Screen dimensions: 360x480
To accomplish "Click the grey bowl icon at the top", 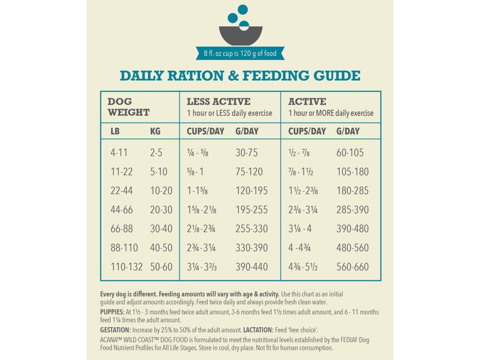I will (x=240, y=36).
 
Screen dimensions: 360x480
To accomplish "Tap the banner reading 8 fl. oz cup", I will (x=240, y=53).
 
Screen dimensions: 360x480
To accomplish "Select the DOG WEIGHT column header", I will (x=128, y=107).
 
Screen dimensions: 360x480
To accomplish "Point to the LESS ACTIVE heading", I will (x=218, y=102).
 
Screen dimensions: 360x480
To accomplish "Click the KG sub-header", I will (x=155, y=131).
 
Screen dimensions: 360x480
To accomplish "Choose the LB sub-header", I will (x=115, y=131).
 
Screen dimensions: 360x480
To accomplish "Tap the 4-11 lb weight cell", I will (x=119, y=153).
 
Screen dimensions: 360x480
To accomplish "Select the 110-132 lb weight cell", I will (x=127, y=267).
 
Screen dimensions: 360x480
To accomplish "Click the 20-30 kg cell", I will (x=161, y=210).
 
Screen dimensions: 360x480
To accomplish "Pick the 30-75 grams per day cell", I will (x=247, y=153).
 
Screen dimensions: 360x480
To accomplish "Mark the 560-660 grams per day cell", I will (x=352, y=267).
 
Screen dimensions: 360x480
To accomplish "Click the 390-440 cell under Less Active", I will (x=252, y=267).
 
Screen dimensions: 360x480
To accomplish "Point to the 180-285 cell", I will (x=352, y=191).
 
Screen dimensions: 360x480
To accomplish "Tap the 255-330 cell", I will (x=252, y=229).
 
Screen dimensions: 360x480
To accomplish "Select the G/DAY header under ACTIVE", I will (x=348, y=131).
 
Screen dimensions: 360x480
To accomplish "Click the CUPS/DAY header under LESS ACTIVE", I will (x=205, y=131).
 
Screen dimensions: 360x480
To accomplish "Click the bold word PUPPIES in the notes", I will (x=111, y=312).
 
